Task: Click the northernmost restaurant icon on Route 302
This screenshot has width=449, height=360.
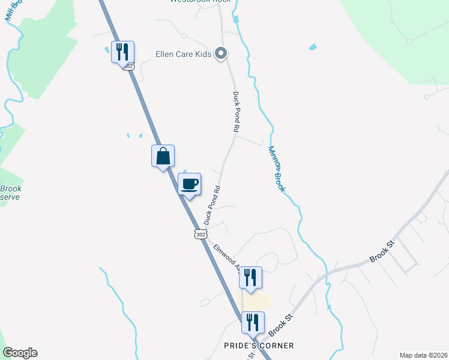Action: coord(122,52)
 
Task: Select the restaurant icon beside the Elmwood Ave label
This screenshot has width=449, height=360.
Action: coord(250,278)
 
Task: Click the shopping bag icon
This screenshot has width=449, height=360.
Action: coord(163,156)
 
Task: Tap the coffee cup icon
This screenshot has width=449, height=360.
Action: coord(190,184)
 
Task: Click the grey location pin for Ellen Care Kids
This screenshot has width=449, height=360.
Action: coord(221,53)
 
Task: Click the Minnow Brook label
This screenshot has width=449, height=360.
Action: coord(276,169)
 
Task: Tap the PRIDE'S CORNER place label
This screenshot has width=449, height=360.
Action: coord(259,346)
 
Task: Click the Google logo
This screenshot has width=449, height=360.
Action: coord(20,353)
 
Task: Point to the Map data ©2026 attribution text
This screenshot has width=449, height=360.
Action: coord(424,355)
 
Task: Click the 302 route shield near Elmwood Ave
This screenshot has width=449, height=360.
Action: coord(200,233)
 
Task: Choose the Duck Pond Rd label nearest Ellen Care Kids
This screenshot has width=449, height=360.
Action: coord(236,112)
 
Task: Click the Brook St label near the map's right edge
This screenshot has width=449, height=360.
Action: coord(382,255)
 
